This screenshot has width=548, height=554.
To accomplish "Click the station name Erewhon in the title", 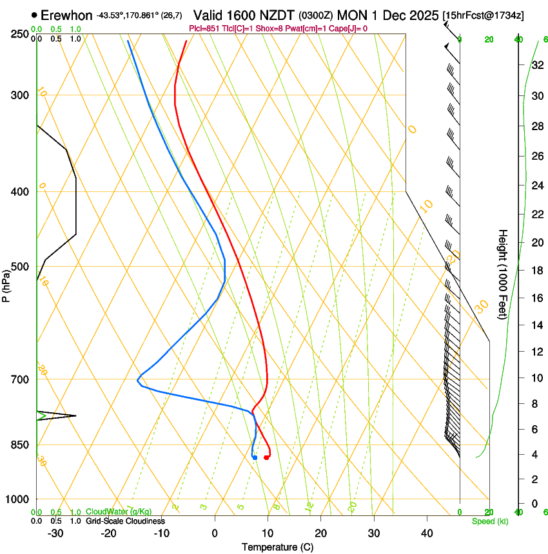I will tap(66, 15).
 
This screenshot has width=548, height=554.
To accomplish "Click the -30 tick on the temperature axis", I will tap(55, 533).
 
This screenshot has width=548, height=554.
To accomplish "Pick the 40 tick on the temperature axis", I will tap(427, 533).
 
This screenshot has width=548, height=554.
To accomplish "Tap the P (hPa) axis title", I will tap(6, 284).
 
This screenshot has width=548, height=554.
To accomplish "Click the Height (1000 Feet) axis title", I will tap(504, 274).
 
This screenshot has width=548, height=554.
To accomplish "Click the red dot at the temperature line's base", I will tap(266, 457).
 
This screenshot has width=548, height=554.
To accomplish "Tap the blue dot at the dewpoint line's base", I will tap(255, 457).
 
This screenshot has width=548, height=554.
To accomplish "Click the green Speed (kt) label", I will tap(489, 521).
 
